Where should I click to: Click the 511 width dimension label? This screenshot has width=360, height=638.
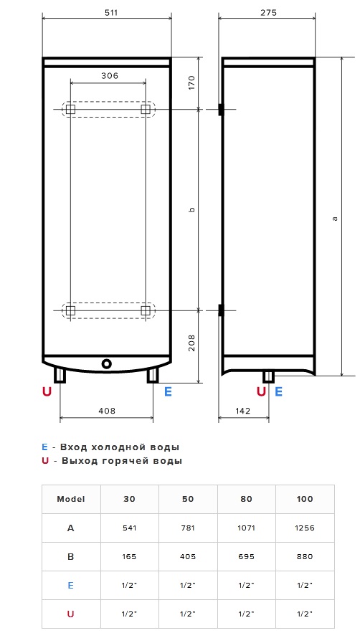(x=110, y=13)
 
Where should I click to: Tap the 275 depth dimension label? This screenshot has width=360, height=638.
(x=268, y=13)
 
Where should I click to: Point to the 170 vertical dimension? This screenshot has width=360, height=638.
(x=192, y=82)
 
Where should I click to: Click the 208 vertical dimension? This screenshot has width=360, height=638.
(x=192, y=343)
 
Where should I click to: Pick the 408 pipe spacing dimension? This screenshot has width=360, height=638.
(x=107, y=411)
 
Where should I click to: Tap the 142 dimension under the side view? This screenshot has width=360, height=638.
(x=242, y=411)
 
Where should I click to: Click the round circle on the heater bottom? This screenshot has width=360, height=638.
(x=107, y=363)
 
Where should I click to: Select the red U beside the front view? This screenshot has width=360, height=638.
(x=47, y=392)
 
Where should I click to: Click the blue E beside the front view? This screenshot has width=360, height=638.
(x=168, y=392)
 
